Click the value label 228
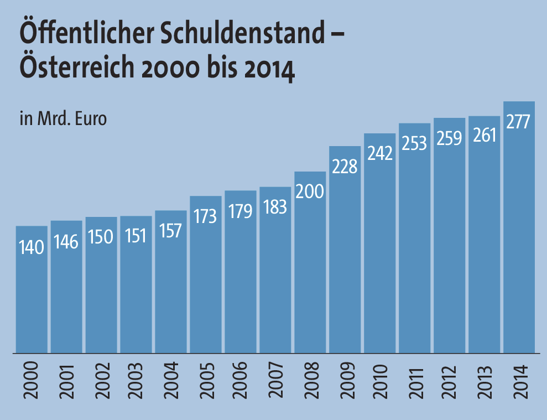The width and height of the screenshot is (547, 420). [x=345, y=165]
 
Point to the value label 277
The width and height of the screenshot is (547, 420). [x=519, y=121]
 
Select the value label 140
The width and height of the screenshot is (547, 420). [x=31, y=246]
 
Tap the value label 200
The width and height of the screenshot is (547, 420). [x=310, y=191]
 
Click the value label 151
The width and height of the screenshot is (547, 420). [x=136, y=236]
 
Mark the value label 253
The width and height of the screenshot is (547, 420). [x=414, y=143]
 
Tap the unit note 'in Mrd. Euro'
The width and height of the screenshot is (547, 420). [x=62, y=118]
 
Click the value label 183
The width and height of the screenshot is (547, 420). [x=275, y=206]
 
